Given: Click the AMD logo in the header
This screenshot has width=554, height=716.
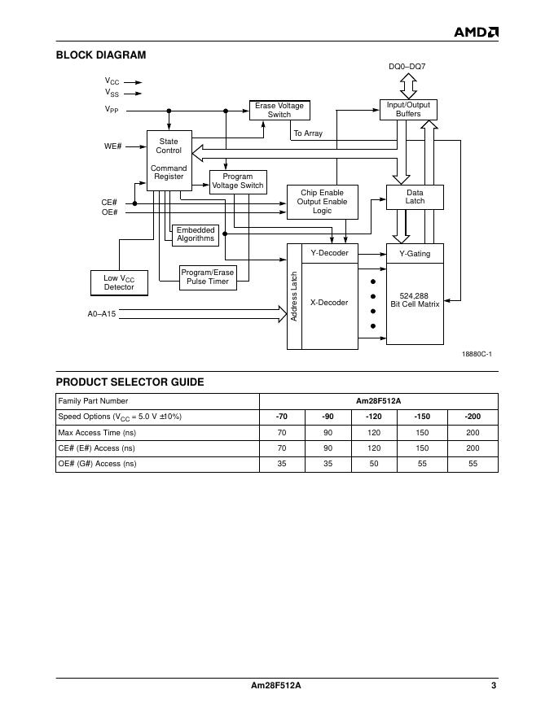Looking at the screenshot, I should click(476, 32).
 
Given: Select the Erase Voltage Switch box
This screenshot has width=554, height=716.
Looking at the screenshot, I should click(279, 110).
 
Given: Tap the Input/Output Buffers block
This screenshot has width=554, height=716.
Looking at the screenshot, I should click(408, 110).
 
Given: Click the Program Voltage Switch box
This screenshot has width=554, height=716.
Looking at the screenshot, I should click(238, 181).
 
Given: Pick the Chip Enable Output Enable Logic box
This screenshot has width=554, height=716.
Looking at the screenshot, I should click(322, 202).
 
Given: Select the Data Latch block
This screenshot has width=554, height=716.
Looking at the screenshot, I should click(415, 197).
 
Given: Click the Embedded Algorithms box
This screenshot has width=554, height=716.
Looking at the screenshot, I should click(196, 234).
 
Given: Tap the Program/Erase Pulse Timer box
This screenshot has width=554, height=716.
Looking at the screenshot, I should click(207, 277).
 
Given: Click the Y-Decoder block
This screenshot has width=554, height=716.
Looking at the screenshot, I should click(329, 253).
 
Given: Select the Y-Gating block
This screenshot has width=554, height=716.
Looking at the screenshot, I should click(415, 254).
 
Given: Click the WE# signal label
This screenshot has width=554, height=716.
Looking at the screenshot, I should click(112, 146).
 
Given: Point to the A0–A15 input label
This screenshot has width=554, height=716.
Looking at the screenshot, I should click(102, 313).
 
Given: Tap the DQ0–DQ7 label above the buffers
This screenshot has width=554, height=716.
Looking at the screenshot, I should click(407, 66).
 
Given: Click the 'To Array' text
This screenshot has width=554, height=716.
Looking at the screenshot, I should click(308, 133).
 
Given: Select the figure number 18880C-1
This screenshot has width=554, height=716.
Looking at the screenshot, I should click(477, 354).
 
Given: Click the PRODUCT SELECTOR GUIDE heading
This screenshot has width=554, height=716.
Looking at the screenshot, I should click(130, 382).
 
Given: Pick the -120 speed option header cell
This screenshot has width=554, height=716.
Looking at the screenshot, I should click(374, 417).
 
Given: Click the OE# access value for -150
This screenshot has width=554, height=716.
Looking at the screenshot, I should click(422, 464).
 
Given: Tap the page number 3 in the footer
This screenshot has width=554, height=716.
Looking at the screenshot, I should click(494, 685).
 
